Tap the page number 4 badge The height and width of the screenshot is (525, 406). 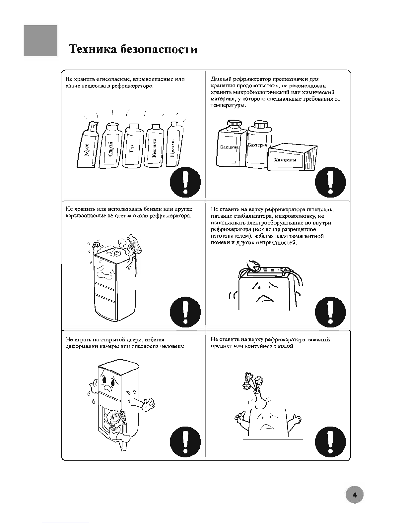click(x=354, y=495)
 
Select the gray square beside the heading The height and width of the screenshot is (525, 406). click(x=40, y=41)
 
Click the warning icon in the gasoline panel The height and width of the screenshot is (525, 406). click(x=185, y=312)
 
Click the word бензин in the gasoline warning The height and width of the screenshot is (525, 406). click(x=153, y=209)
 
